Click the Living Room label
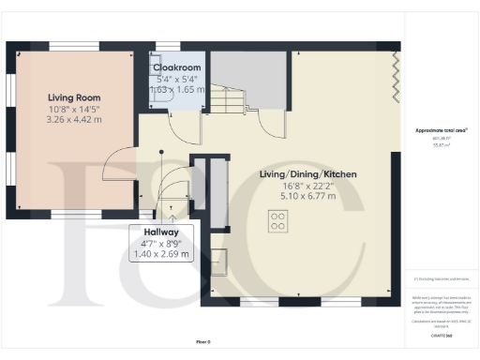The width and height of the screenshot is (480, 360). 74,97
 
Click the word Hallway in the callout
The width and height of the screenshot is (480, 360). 161,232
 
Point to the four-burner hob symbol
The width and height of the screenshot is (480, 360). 278,221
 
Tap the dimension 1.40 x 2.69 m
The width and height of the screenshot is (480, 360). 161,254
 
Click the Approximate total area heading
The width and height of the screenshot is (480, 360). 441,130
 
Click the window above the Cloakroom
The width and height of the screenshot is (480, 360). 168,45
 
